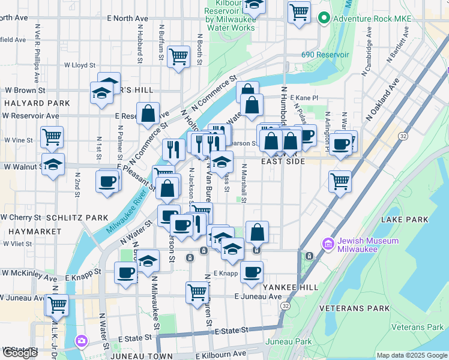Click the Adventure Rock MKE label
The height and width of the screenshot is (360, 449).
(372, 19)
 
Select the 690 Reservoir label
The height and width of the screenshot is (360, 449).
(325, 55)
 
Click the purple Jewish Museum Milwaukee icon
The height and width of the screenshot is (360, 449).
(328, 244)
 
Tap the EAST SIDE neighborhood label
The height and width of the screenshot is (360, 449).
(284, 161)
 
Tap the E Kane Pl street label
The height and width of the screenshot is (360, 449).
(304, 97)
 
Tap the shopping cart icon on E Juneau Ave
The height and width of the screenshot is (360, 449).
(197, 292)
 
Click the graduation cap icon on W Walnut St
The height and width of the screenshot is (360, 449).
(53, 164)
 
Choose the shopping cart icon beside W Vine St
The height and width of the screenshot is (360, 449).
(52, 137)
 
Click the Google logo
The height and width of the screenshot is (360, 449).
(20, 353)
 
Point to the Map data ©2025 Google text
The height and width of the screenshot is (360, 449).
(411, 355)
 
